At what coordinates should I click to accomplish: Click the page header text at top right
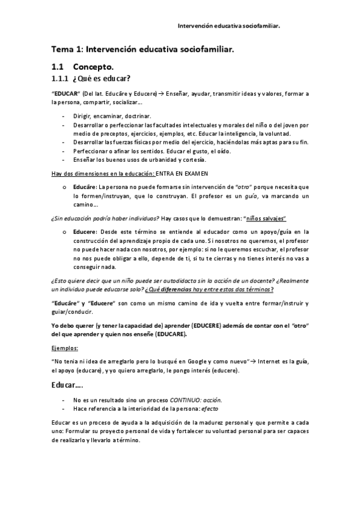(231, 26)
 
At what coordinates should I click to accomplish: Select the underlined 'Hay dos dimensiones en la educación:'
(106, 173)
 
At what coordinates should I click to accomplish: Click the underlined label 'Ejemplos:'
(64, 348)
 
